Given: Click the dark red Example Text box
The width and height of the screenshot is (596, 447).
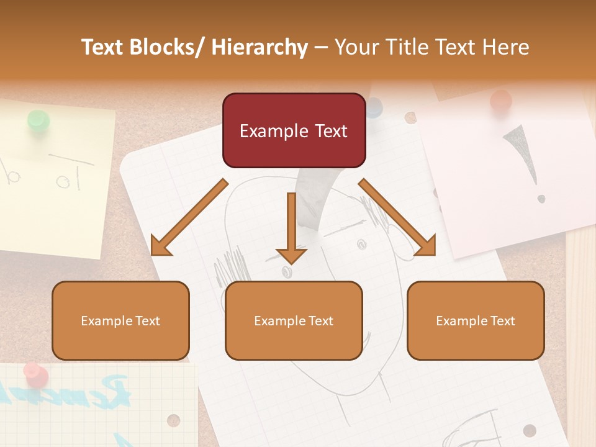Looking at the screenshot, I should pyautogui.click(x=294, y=130).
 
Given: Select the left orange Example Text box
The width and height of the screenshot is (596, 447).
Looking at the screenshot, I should pyautogui.click(x=120, y=320).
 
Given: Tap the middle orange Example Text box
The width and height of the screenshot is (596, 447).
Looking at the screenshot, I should pyautogui.click(x=294, y=320).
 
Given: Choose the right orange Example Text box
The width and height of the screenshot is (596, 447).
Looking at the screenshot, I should pyautogui.click(x=476, y=320).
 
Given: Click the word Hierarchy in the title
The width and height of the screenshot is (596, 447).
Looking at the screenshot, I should pyautogui.click(x=260, y=47).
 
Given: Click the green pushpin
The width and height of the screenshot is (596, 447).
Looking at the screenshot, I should pyautogui.click(x=38, y=120).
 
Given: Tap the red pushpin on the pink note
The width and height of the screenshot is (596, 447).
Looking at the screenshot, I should pyautogui.click(x=500, y=101).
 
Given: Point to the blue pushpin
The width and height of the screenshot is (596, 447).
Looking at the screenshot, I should pyautogui.click(x=374, y=107).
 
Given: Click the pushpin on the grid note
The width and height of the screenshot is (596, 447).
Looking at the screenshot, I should pyautogui.click(x=35, y=374).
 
